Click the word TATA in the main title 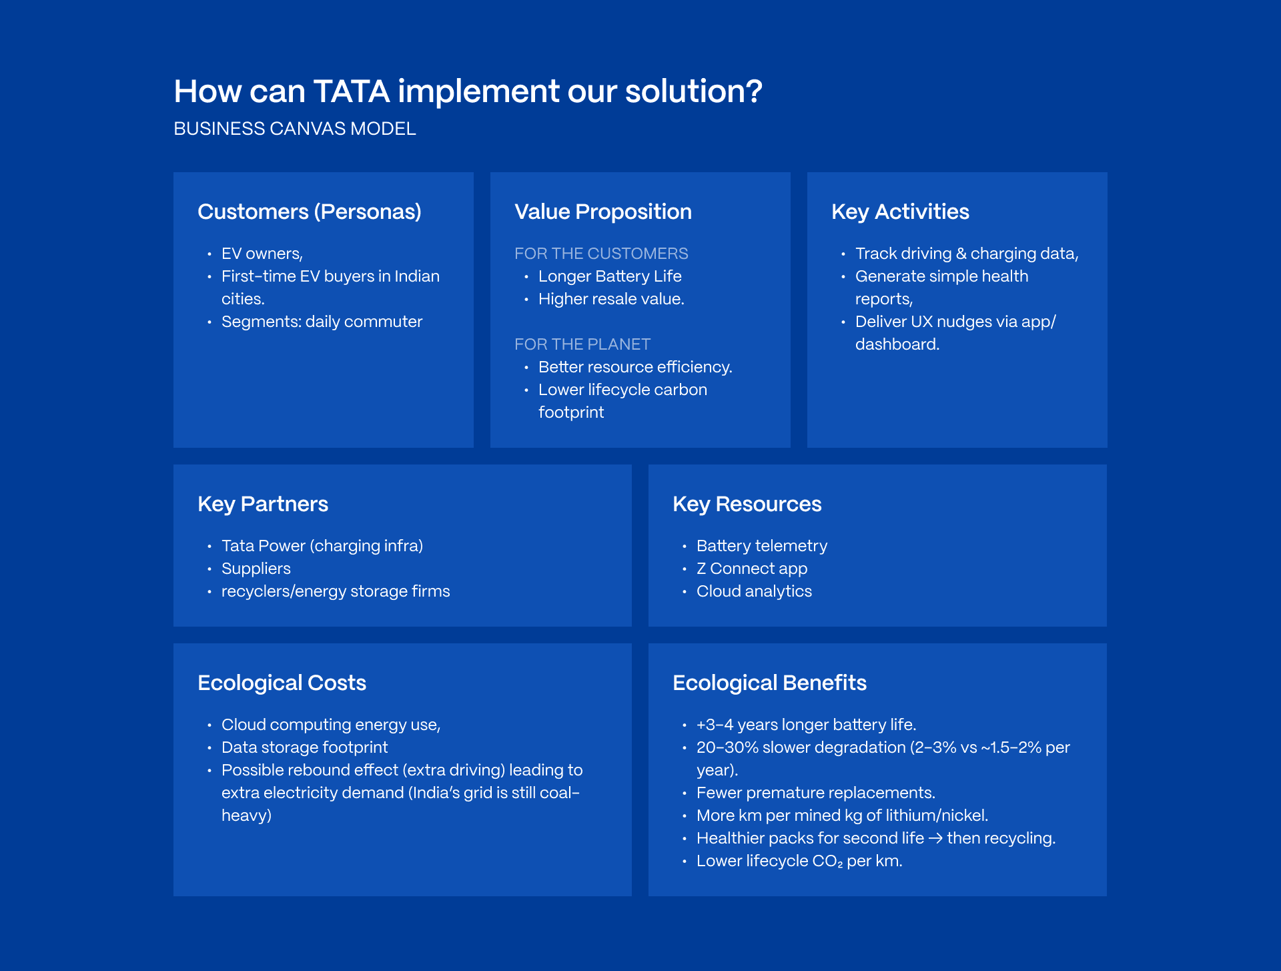351,91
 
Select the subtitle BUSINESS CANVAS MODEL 294,129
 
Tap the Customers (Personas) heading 310,212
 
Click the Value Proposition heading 602,212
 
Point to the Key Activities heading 899,212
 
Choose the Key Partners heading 263,504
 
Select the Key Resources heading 747,504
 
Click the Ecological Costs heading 282,683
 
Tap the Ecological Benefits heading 769,683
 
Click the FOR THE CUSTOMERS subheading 601,254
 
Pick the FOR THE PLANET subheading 582,344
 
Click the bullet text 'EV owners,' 262,254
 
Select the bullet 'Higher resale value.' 611,299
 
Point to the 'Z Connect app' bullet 752,569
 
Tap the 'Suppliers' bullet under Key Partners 256,569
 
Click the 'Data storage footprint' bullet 304,747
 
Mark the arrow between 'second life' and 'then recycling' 935,838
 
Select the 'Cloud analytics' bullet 754,591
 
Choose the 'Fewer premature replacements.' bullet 815,793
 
